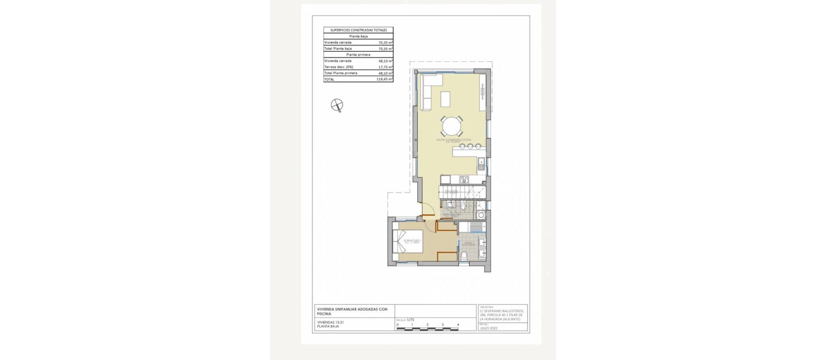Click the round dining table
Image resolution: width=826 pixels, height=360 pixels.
click(x=452, y=126)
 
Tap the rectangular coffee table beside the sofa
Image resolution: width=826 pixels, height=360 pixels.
click(x=445, y=99)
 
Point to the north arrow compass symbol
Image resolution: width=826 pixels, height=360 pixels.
click(x=337, y=105)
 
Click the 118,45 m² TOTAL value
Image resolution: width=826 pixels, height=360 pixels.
click(x=384, y=80)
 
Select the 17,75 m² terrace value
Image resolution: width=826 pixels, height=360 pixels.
click(x=385, y=67)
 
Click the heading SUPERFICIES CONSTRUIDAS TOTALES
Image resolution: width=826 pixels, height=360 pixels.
click(x=358, y=30)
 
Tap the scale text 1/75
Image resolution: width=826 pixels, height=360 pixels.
click(x=410, y=320)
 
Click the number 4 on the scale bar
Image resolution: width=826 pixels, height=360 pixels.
click(x=458, y=325)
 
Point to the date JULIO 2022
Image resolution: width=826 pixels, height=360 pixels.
click(x=489, y=328)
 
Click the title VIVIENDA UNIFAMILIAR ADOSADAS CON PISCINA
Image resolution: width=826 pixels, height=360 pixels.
click(x=352, y=311)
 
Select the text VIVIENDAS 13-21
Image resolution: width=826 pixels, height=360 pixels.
click(x=330, y=322)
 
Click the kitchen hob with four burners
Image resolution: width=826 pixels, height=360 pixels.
click(x=464, y=179)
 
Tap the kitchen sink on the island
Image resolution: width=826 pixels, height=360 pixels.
click(x=481, y=163)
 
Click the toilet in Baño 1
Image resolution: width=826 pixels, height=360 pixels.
click(x=464, y=257)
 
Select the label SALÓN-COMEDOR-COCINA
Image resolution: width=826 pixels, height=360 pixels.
click(x=453, y=140)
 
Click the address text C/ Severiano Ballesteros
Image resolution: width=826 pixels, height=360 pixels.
click(x=502, y=311)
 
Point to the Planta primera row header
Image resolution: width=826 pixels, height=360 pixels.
click(x=358, y=55)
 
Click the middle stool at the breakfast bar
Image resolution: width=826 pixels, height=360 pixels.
click(x=470, y=146)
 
